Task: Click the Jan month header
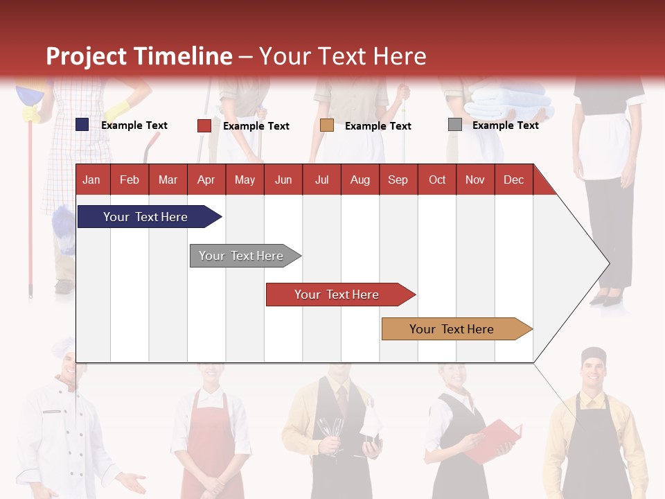coord(91,180)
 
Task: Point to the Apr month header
coord(206,180)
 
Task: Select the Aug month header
coord(360,180)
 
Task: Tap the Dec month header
coord(513,180)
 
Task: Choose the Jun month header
coord(283,180)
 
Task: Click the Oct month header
coord(437,180)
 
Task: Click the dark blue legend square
coord(82,125)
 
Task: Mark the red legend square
coord(204,125)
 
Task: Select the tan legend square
coord(327,125)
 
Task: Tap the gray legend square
coord(455,125)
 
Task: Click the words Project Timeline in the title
coord(139,56)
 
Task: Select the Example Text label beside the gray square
coord(505,125)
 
